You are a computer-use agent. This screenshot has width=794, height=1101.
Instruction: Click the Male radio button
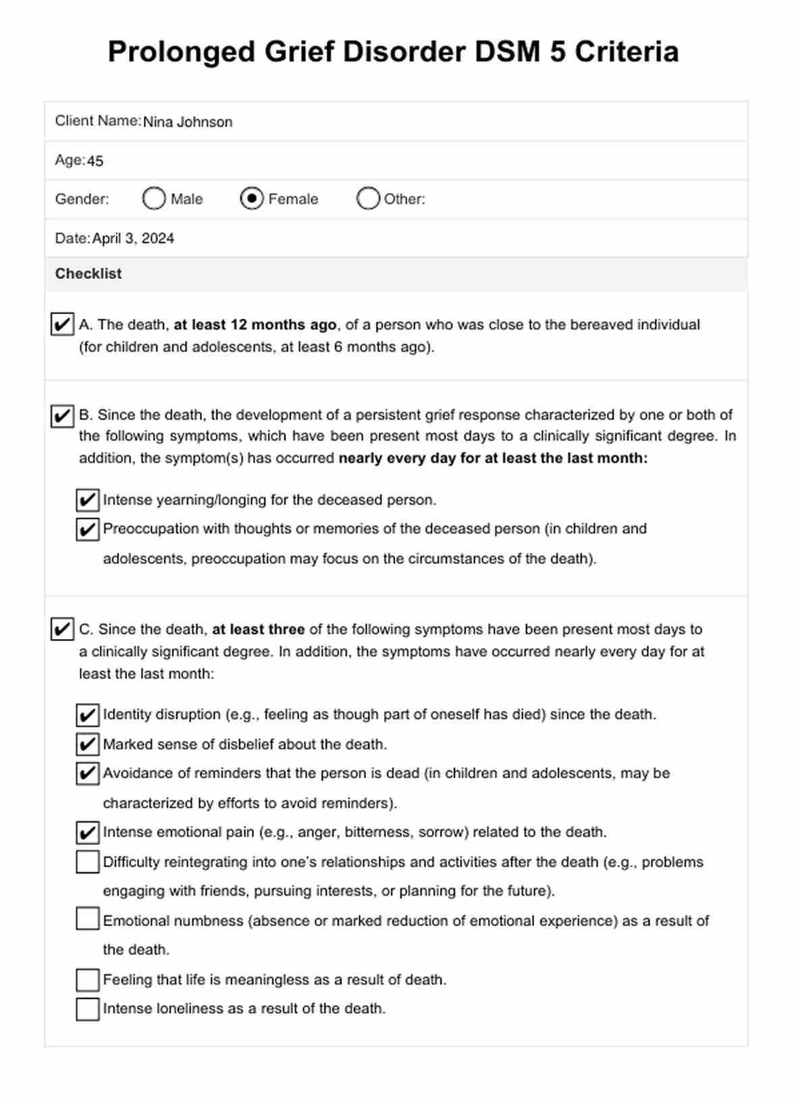pos(154,199)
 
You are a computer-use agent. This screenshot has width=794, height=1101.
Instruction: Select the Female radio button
pos(252,199)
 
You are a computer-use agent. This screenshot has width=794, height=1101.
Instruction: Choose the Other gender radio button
pos(368,199)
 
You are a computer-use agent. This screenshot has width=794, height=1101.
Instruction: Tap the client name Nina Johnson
pos(188,122)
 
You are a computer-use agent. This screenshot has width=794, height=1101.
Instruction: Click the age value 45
pos(95,161)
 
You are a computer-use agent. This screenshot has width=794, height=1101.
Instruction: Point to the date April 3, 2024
pos(133,238)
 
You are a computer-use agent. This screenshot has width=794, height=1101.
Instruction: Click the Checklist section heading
pos(88,274)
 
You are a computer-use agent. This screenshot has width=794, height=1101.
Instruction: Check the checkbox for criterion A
pos(62,324)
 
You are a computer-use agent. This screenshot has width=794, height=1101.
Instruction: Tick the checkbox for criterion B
pos(62,415)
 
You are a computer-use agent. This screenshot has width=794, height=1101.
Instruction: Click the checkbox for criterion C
pos(62,629)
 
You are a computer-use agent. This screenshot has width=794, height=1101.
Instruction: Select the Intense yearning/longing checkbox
pos(88,501)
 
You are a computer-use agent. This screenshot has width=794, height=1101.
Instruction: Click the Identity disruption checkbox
pos(88,715)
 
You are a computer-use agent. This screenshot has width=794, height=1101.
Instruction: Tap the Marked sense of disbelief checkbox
pos(88,744)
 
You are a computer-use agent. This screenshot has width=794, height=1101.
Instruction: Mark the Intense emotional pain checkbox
pos(88,832)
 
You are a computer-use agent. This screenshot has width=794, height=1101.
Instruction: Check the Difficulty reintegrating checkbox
pos(88,862)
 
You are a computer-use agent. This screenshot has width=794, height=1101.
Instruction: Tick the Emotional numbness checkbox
pos(88,919)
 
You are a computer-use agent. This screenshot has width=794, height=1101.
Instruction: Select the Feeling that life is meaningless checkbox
pos(88,979)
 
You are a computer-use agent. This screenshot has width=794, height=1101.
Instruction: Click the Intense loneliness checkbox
pos(88,1009)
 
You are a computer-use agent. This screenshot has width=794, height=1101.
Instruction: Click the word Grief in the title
pos(300,52)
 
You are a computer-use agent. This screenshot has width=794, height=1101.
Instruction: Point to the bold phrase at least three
pos(259,630)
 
